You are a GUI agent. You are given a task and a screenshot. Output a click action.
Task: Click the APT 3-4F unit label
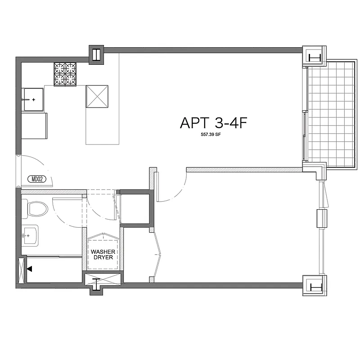214,123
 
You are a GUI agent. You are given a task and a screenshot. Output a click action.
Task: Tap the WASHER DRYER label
103,255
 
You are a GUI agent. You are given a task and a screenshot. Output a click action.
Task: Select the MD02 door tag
37,179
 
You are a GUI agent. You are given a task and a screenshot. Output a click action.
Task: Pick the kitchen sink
33,99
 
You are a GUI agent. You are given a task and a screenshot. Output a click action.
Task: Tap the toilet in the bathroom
37,208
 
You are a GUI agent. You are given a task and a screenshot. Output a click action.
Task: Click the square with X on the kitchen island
98,96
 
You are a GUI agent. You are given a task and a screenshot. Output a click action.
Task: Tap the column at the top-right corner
314,57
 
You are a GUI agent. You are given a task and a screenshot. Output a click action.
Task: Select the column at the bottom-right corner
315,286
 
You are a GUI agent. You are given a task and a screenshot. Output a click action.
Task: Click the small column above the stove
96,54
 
